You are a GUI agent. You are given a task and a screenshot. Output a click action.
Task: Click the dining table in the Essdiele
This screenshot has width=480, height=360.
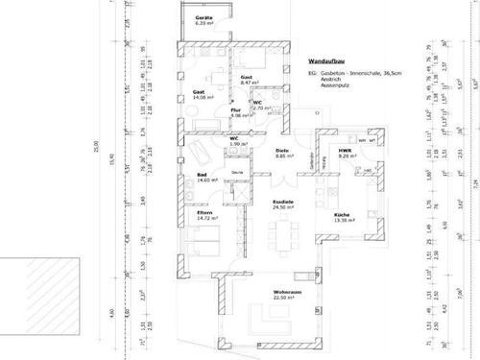pyautogui.click(x=285, y=232)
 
